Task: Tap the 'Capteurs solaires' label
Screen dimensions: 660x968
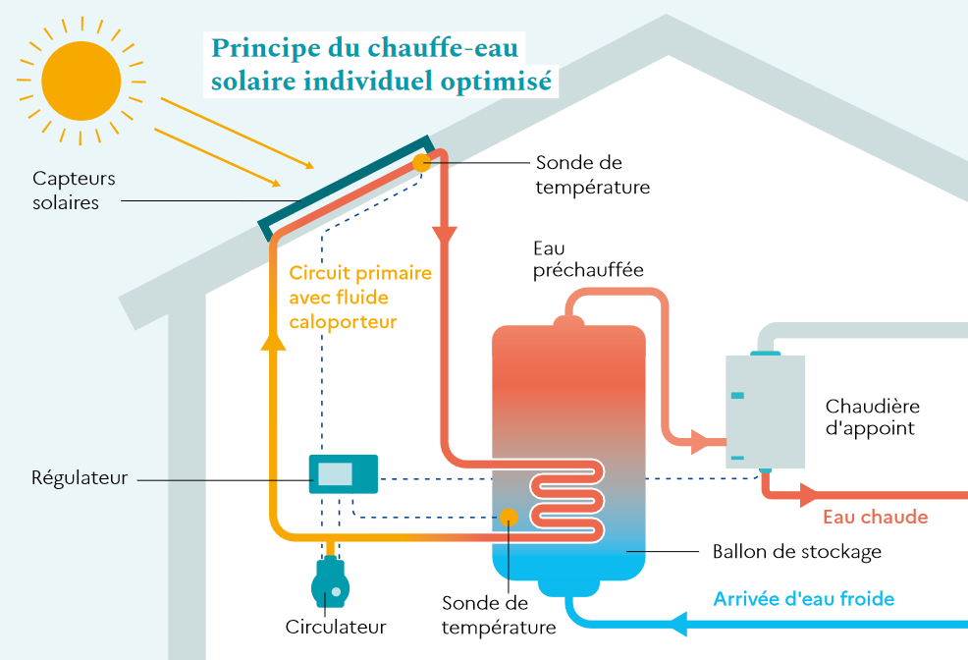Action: [74, 191]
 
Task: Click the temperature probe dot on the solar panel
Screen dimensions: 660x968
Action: [421, 163]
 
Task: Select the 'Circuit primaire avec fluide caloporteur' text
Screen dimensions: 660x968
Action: [359, 297]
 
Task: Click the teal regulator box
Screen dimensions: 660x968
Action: [343, 473]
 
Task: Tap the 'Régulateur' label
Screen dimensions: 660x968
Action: [81, 478]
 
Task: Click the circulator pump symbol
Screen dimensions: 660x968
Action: [331, 586]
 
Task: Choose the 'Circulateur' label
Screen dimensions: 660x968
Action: [336, 627]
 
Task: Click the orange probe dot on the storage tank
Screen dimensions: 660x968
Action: [509, 517]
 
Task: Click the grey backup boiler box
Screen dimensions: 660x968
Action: [765, 411]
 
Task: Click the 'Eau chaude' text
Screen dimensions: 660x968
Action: [875, 517]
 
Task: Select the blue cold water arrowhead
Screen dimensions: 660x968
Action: [679, 623]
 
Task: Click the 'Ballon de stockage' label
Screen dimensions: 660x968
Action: [796, 552]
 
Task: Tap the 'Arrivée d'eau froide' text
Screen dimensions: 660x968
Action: [803, 598]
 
